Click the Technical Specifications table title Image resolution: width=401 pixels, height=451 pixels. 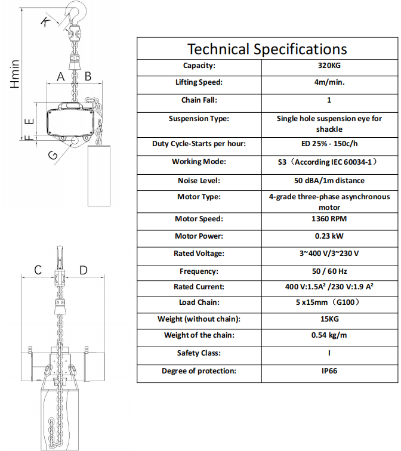click(x=267, y=49)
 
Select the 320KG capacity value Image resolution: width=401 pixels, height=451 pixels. click(x=329, y=66)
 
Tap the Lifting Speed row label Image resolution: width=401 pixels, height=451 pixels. click(x=199, y=82)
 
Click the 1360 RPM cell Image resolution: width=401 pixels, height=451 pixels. click(x=329, y=219)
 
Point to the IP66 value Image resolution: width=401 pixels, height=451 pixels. click(x=329, y=371)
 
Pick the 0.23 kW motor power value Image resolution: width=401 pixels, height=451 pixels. click(x=329, y=236)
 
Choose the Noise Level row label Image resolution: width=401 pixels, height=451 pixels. click(x=199, y=181)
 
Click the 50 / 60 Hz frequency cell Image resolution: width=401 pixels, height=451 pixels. click(x=329, y=271)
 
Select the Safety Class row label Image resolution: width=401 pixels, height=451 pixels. click(x=199, y=353)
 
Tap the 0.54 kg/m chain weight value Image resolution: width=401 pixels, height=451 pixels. click(x=329, y=335)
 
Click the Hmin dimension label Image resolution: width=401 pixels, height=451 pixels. click(x=15, y=74)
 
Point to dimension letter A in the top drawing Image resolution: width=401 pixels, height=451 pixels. click(x=61, y=77)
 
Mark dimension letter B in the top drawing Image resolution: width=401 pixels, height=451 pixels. click(x=88, y=76)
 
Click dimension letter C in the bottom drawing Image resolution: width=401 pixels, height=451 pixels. click(x=38, y=270)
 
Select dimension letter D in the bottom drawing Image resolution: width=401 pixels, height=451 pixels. click(x=84, y=270)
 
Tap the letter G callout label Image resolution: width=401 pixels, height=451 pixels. click(x=53, y=156)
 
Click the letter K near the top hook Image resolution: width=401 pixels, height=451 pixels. click(x=45, y=21)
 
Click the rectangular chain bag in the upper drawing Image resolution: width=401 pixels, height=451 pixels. click(x=99, y=175)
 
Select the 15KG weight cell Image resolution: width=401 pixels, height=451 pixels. click(x=329, y=319)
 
